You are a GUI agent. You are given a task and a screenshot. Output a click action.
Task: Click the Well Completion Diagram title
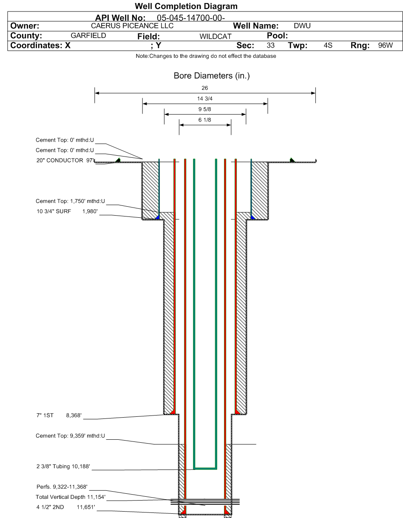pyautogui.click(x=186, y=6)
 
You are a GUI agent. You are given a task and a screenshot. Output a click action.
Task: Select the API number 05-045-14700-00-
pyautogui.click(x=191, y=18)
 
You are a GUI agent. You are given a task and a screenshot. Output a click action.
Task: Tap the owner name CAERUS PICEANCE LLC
pyautogui.click(x=132, y=26)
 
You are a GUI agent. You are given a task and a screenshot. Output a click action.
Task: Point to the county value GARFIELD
pyautogui.click(x=88, y=36)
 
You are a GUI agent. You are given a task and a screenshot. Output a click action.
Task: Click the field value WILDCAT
pyautogui.click(x=215, y=37)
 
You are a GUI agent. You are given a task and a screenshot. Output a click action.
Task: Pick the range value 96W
pyautogui.click(x=386, y=45)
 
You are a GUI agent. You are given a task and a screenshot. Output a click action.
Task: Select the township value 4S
pyautogui.click(x=328, y=45)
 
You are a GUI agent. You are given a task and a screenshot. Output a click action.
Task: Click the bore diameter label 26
pyautogui.click(x=204, y=88)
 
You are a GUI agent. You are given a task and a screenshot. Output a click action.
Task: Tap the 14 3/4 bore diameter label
pyautogui.click(x=204, y=99)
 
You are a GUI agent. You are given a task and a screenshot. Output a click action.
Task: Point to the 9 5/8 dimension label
pyautogui.click(x=204, y=109)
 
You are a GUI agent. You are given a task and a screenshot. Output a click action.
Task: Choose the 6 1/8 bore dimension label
pyautogui.click(x=204, y=120)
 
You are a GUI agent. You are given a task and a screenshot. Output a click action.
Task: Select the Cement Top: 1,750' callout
pyautogui.click(x=70, y=201)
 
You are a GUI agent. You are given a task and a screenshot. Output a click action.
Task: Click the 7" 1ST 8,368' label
pyautogui.click(x=59, y=415)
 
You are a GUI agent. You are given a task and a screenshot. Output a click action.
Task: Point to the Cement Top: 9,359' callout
pyautogui.click(x=70, y=436)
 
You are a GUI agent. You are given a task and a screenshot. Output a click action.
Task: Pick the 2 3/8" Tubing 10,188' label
pyautogui.click(x=63, y=466)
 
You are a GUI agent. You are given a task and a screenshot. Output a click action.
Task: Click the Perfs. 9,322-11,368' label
pyautogui.click(x=62, y=487)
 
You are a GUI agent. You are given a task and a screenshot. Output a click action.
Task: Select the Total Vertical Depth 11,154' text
pyautogui.click(x=71, y=497)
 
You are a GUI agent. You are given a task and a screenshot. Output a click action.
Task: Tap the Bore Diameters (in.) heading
pyautogui.click(x=212, y=76)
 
